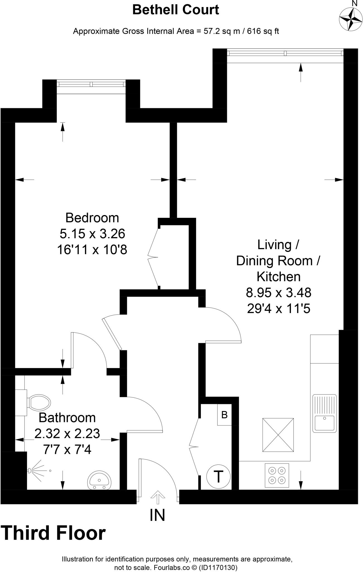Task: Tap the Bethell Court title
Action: (x=176, y=10)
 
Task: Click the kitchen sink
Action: (x=324, y=414)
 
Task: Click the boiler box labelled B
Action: (x=225, y=415)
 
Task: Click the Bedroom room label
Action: (x=92, y=218)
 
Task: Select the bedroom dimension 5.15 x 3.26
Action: (x=92, y=234)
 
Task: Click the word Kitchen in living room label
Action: (x=278, y=277)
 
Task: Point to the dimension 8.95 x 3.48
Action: (x=278, y=293)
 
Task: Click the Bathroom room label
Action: (x=67, y=418)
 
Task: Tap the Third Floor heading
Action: (x=54, y=533)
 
